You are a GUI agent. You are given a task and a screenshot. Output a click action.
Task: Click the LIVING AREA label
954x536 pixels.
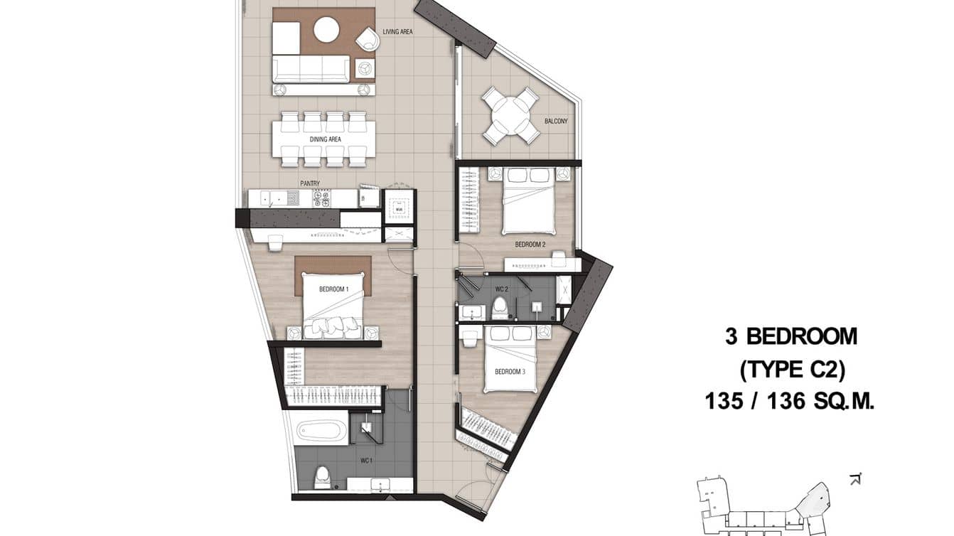(397, 32)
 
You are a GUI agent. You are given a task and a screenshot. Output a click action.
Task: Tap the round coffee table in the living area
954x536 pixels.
(326, 30)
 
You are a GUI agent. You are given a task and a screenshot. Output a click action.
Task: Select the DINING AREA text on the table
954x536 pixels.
(324, 139)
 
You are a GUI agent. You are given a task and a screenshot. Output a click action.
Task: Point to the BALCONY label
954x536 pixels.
(556, 122)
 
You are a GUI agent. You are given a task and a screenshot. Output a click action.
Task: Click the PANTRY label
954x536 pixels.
(310, 183)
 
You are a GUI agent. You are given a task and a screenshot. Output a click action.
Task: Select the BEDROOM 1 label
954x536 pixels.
(333, 289)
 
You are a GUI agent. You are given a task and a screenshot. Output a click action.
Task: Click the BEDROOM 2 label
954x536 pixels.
(530, 245)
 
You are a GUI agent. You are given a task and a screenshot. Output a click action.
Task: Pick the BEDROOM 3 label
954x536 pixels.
(509, 371)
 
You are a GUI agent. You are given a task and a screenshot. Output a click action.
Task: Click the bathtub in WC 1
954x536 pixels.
(321, 432)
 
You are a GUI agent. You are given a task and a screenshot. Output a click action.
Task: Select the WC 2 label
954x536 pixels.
(501, 289)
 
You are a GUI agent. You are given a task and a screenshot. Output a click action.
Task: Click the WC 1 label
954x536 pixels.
(366, 461)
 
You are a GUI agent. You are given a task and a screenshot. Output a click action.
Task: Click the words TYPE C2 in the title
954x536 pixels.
(791, 369)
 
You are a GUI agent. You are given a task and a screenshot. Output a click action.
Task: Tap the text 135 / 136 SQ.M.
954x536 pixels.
(789, 402)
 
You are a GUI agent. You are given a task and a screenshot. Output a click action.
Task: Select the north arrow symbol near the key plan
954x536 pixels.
(855, 478)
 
